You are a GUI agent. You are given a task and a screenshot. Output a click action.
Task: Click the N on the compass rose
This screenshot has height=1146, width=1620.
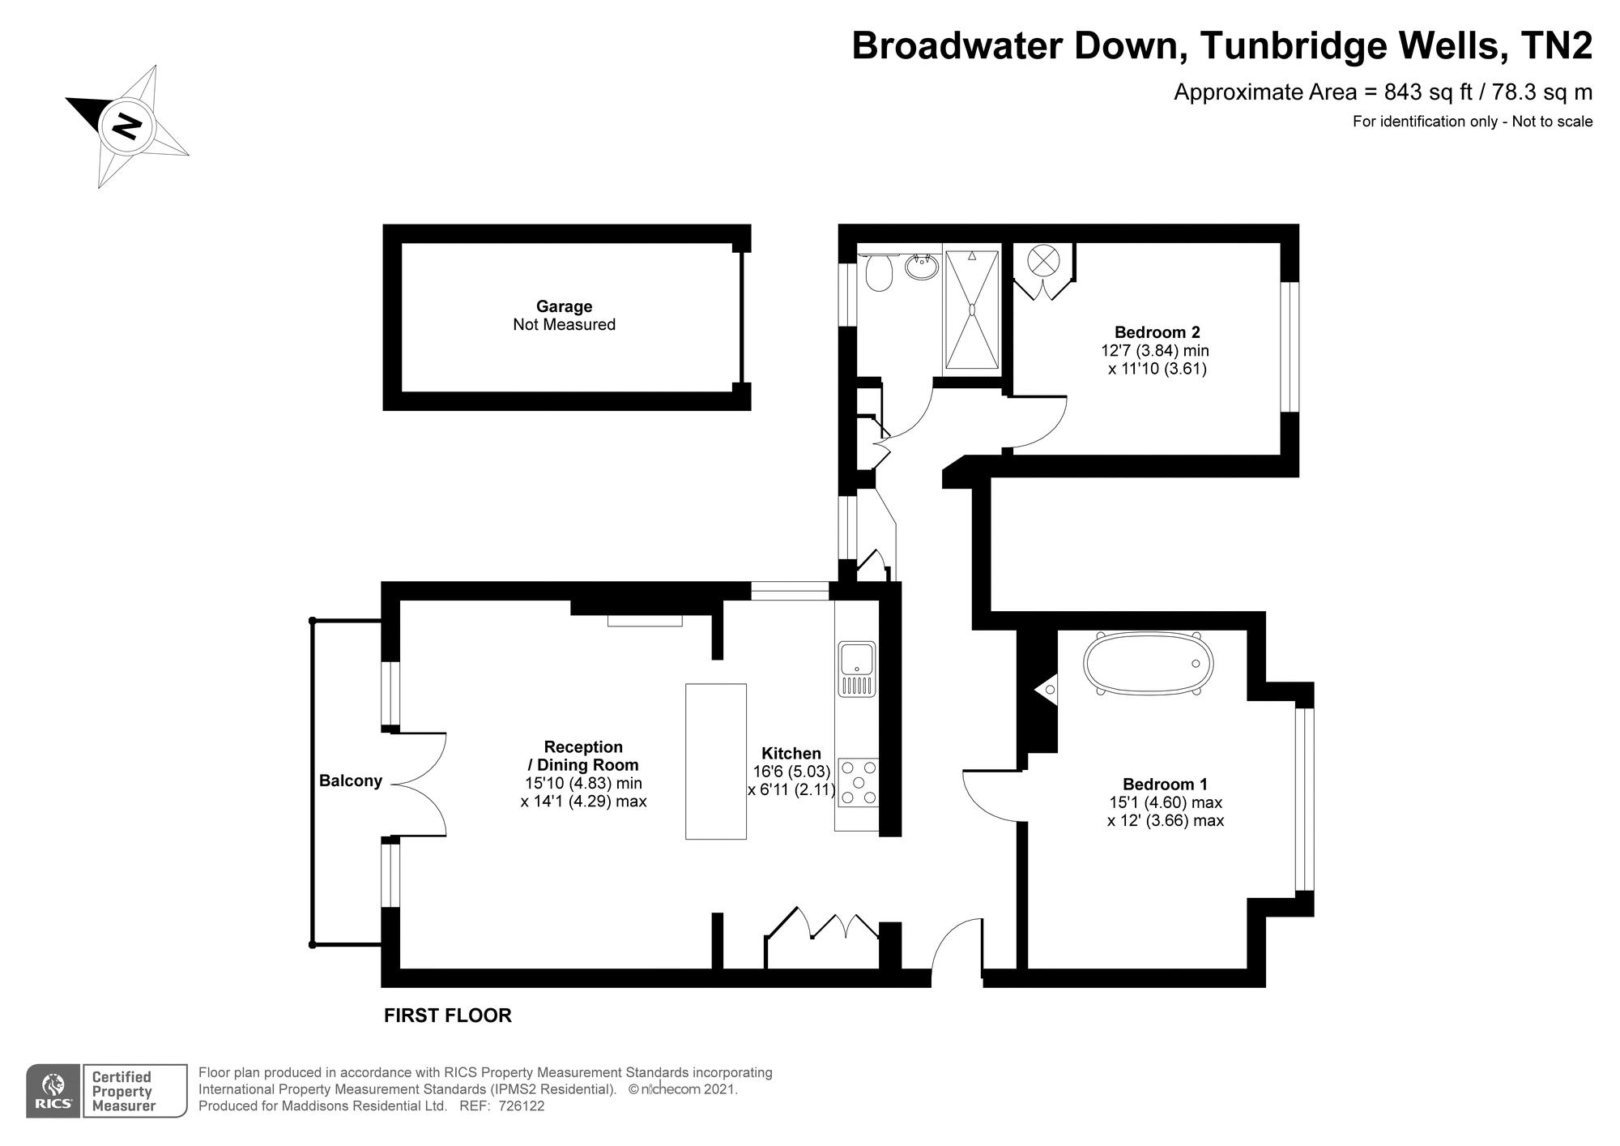point(127,126)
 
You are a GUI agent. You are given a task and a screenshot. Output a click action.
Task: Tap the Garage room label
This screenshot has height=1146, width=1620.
point(564,306)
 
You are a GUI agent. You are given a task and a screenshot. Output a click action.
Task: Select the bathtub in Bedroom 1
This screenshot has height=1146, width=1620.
point(1148,664)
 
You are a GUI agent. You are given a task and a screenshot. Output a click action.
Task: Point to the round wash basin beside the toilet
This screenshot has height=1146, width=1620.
point(922,266)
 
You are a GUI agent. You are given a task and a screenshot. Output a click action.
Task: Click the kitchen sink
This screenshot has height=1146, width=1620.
point(856,668)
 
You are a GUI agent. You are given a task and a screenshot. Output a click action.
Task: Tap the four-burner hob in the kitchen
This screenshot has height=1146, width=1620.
point(858,782)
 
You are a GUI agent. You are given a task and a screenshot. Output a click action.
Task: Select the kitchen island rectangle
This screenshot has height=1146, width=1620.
point(715,761)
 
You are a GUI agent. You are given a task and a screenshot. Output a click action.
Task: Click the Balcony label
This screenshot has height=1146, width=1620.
point(350,781)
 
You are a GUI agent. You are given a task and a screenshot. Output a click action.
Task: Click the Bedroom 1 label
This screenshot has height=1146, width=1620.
point(1165,785)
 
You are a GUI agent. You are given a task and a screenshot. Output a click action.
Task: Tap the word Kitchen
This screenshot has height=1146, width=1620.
point(791,754)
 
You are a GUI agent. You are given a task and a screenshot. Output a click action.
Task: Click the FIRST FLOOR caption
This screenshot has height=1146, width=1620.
point(447,1016)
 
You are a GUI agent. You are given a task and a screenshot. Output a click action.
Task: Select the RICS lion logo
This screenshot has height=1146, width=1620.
point(53,1091)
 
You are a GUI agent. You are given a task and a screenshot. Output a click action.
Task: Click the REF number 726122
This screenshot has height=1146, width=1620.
point(521,1106)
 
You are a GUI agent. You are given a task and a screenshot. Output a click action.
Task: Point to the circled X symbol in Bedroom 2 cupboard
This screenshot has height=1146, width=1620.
point(1042,260)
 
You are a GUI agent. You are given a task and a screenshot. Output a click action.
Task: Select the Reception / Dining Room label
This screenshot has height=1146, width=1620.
point(583,755)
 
